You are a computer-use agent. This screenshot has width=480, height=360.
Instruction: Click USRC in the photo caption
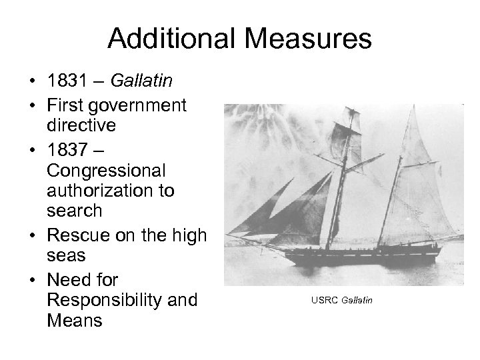323,301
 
